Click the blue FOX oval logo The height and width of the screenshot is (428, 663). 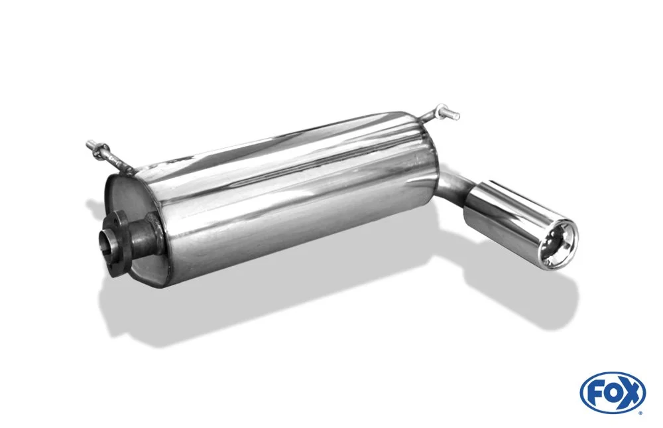pyautogui.click(x=613, y=392)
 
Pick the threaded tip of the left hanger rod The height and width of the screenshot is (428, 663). pyautogui.click(x=90, y=145)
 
